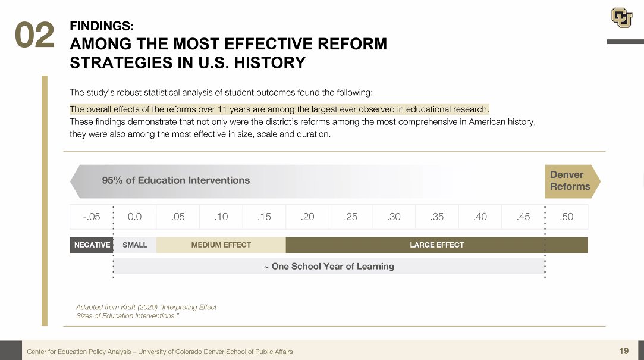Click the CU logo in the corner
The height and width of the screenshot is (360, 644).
click(x=621, y=17)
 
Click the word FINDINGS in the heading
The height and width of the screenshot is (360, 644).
click(x=102, y=26)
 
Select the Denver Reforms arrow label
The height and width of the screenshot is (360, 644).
click(x=570, y=180)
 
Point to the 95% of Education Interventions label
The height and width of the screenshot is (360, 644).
click(x=175, y=180)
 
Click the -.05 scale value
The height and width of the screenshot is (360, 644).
click(x=92, y=217)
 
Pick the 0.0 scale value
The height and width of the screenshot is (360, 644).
click(x=134, y=217)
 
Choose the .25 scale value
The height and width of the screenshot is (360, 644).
click(x=351, y=217)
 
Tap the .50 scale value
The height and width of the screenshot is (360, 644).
click(x=567, y=217)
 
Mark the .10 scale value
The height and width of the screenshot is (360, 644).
click(x=221, y=217)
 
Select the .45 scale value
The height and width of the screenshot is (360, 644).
click(x=523, y=217)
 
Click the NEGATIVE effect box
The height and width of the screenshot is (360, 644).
click(x=92, y=245)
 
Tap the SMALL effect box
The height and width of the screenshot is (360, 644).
click(x=134, y=245)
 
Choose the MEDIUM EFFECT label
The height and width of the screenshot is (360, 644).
click(x=221, y=245)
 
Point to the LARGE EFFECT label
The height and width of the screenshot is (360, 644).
click(x=436, y=245)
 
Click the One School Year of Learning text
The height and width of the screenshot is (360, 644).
click(x=329, y=266)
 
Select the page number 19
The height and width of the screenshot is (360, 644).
click(x=624, y=350)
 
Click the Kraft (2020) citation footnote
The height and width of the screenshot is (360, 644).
click(x=146, y=311)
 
